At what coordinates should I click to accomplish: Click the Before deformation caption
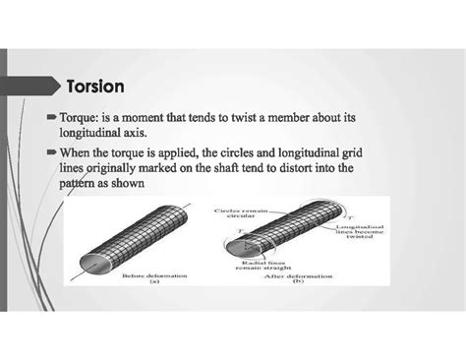pos(148,277)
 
